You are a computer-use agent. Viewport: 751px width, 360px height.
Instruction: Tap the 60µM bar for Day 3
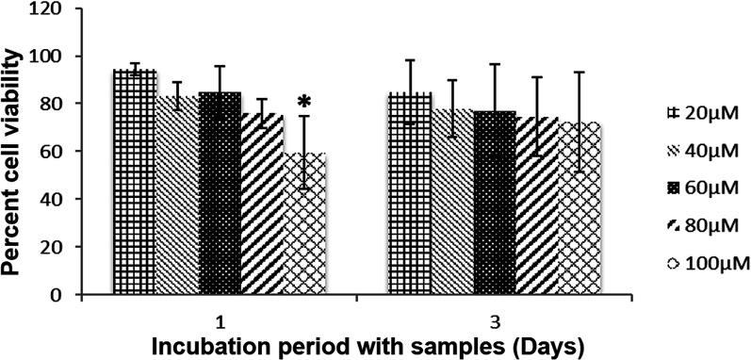(x=493, y=203)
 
